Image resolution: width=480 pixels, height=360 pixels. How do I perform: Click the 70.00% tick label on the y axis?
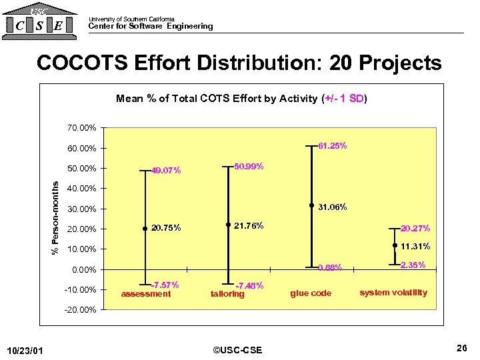click(x=82, y=127)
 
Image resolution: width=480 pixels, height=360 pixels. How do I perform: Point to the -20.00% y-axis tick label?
click(x=81, y=311)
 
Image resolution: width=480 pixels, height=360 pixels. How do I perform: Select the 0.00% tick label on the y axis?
click(x=84, y=270)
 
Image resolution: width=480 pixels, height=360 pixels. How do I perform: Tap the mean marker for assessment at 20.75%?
click(x=145, y=229)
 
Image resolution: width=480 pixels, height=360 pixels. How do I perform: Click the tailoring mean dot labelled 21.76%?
click(x=227, y=225)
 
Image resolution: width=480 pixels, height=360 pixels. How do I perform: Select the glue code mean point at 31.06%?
click(x=311, y=206)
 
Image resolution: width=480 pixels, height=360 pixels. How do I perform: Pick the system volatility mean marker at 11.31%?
click(x=395, y=246)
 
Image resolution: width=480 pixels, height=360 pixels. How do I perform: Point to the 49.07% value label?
click(x=167, y=171)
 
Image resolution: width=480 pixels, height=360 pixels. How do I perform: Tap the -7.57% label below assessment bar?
click(x=165, y=285)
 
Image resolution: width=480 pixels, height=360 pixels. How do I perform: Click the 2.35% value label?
click(x=413, y=265)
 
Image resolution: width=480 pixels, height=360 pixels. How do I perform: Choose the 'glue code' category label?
click(x=311, y=293)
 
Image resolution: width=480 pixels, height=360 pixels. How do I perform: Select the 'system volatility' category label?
click(x=393, y=292)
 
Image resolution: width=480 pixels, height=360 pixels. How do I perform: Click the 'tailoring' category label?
click(x=227, y=294)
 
